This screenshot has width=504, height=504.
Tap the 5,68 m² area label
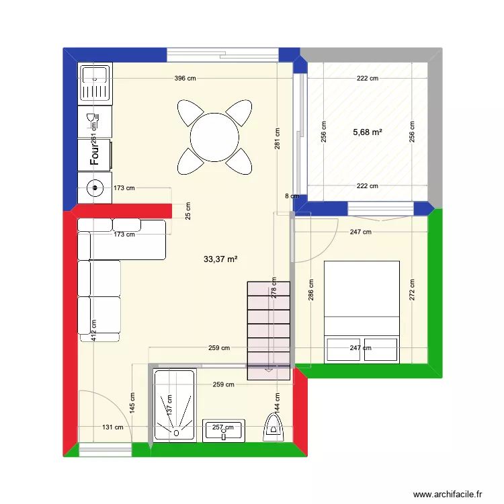368,132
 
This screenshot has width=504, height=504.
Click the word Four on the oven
95,156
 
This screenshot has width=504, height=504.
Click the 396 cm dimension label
185,79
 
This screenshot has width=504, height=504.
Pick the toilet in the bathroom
274,426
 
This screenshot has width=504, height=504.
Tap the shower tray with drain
174,405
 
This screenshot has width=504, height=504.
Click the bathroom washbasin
224,431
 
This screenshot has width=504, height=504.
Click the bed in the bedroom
362,312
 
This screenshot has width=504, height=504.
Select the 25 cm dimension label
187,211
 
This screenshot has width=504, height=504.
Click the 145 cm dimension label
132,403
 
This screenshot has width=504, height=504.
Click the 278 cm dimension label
274,288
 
